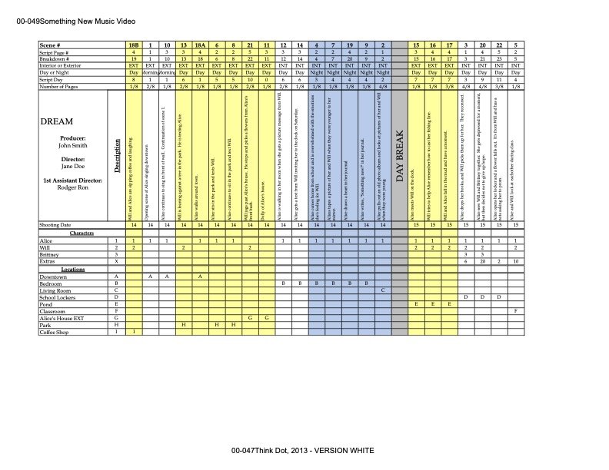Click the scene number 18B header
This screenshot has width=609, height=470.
tap(134, 46)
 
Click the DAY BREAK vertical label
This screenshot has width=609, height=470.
tap(399, 157)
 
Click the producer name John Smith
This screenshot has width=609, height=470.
tap(73, 144)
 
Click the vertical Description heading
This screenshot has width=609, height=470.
tap(116, 157)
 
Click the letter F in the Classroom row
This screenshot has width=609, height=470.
tap(514, 310)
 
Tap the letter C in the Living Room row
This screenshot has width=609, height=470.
tap(381, 290)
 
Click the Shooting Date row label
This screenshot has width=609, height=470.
tap(59, 224)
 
